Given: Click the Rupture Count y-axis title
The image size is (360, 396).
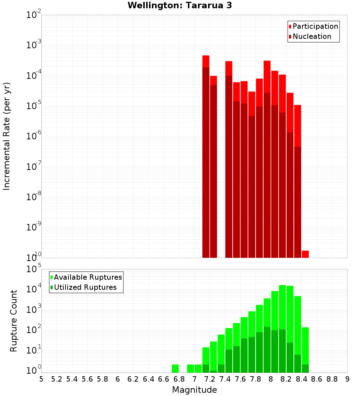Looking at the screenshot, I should point(14,321).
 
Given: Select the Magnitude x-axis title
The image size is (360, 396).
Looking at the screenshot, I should point(194,390).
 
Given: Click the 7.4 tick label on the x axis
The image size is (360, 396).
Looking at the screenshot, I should point(225,379).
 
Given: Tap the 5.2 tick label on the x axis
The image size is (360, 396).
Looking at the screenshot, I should point(57,379).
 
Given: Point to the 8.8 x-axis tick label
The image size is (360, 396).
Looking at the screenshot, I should point(332,379).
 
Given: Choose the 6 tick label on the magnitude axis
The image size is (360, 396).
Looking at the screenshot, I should point(118,379).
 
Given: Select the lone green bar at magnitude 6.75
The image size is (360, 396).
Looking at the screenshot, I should point(175,369).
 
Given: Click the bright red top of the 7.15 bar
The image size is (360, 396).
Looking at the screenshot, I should point(206,61).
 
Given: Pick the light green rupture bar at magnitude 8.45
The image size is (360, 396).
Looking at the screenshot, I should point(305,346).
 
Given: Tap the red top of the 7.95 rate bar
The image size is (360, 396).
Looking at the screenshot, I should point(267,76).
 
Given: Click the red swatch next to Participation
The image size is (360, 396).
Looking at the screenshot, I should point(290,27).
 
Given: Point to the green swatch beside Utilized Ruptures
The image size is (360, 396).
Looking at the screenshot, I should point(51,287).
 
